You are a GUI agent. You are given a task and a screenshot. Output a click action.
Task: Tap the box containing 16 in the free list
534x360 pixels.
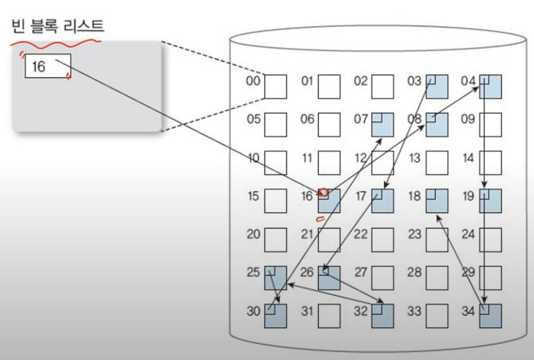pyautogui.click(x=48, y=66)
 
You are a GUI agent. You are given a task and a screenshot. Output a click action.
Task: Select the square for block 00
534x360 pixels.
pyautogui.click(x=275, y=86)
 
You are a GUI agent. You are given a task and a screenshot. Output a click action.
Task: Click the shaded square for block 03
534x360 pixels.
pyautogui.click(x=437, y=86)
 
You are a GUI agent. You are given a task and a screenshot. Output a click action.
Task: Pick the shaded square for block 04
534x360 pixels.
pyautogui.click(x=490, y=86)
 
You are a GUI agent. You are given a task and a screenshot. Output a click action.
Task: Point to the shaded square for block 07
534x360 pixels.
pyautogui.click(x=383, y=125)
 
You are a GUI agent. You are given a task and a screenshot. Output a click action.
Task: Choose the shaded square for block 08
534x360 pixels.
pyautogui.click(x=437, y=125)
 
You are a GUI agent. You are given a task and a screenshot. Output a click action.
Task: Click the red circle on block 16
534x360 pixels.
pyautogui.click(x=324, y=192)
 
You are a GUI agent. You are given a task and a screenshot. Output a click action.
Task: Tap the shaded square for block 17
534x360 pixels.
pyautogui.click(x=383, y=201)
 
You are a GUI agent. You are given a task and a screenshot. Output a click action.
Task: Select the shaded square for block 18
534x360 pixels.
pyautogui.click(x=437, y=201)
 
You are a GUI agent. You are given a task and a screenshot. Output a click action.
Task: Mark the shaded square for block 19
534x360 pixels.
pyautogui.click(x=490, y=201)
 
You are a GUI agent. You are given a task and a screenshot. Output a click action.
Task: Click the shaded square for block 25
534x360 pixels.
pyautogui.click(x=275, y=277)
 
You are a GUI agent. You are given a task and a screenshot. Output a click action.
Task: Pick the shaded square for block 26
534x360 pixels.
pyautogui.click(x=329, y=277)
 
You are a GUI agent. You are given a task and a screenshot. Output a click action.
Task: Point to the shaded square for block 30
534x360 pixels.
pyautogui.click(x=275, y=316)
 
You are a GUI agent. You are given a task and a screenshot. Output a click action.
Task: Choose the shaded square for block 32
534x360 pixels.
pyautogui.click(x=383, y=316)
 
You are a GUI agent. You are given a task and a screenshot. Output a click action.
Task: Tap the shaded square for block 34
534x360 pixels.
pyautogui.click(x=490, y=316)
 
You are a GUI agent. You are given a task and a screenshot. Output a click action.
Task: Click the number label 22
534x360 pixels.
pyautogui.click(x=361, y=234)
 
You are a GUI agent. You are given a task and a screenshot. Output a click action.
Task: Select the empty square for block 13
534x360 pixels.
pyautogui.click(x=437, y=163)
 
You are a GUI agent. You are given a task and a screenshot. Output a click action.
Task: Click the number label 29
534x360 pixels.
pyautogui.click(x=468, y=273)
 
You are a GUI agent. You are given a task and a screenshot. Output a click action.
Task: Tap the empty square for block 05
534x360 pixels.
pyautogui.click(x=275, y=125)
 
